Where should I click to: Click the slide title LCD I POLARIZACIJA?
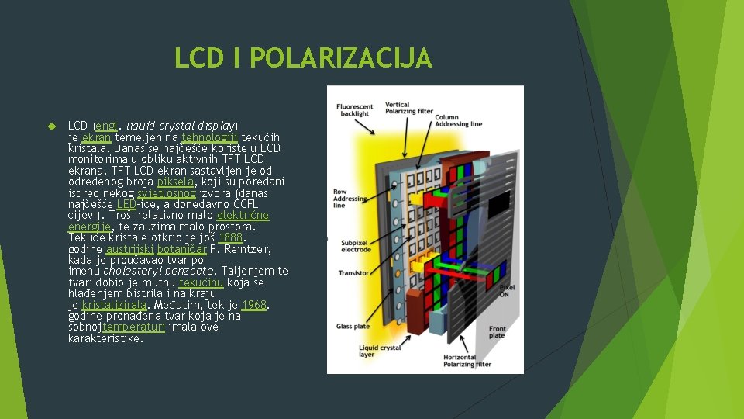302,58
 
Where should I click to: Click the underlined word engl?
107,125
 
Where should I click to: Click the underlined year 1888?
231,237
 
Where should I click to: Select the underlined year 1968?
253,305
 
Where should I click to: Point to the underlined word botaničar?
181,249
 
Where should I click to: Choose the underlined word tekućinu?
201,282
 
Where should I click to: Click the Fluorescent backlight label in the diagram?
353,109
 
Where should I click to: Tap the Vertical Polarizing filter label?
408,108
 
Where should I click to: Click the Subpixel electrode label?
354,244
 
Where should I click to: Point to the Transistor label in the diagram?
353,273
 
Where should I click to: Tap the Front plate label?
497,332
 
